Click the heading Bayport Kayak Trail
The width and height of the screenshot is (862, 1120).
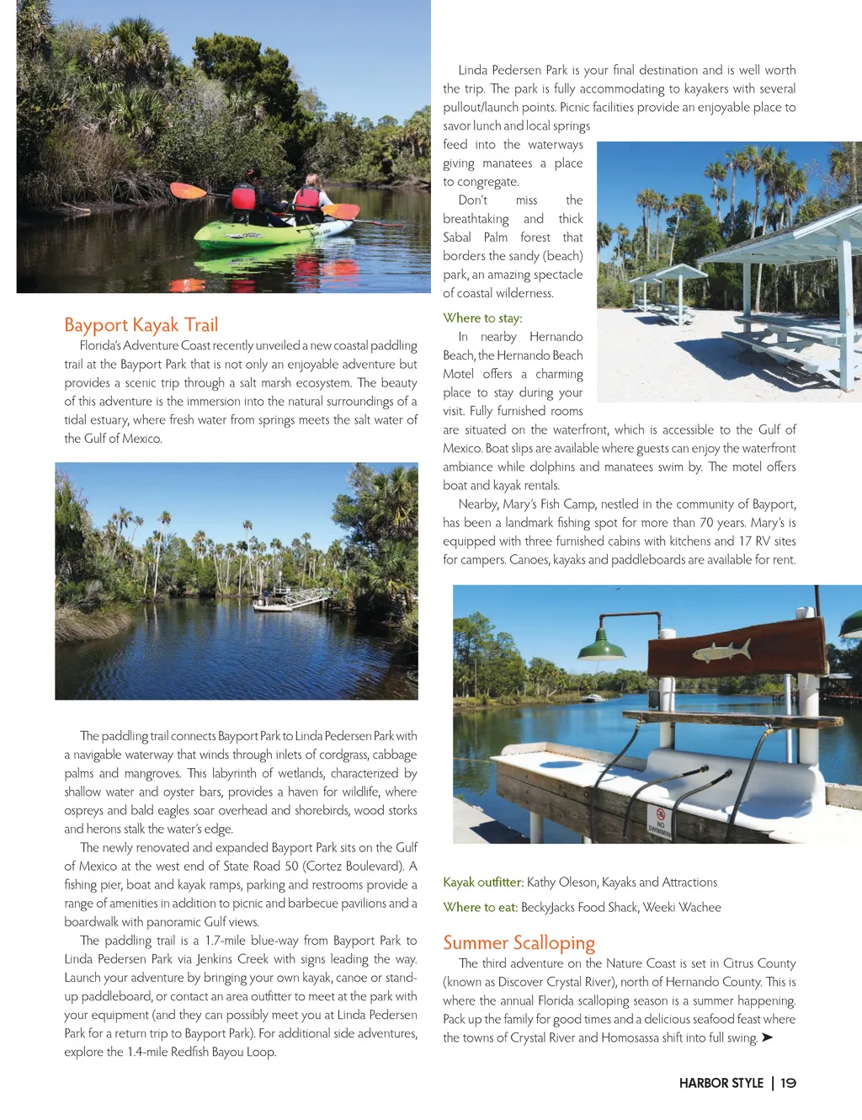click(141, 325)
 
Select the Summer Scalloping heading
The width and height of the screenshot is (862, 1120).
click(519, 942)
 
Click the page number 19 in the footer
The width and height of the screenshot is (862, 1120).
click(788, 1083)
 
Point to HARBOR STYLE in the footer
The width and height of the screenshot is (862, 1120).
click(721, 1083)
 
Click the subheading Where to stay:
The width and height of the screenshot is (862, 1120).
click(482, 317)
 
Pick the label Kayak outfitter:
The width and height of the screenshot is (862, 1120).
click(483, 882)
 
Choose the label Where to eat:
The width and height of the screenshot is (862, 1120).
click(480, 907)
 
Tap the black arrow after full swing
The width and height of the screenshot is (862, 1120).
click(767, 1037)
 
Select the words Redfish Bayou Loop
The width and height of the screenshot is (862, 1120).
click(223, 1052)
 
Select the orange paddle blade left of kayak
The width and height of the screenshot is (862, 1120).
click(188, 190)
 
